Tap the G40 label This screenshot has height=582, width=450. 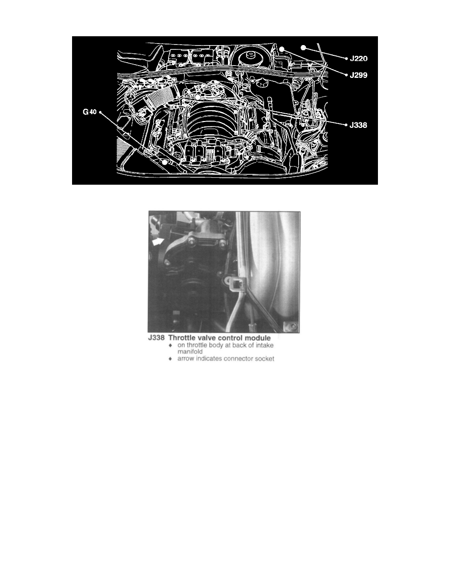[x=90, y=112]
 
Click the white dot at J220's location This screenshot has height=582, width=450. [x=303, y=48]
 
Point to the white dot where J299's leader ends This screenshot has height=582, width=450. [x=283, y=49]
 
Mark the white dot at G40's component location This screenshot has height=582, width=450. [x=165, y=161]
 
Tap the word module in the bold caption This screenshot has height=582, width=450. [x=255, y=338]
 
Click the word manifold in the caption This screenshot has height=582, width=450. [x=190, y=352]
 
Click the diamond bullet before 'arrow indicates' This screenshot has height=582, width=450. [x=170, y=359]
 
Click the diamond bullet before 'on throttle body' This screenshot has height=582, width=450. [x=170, y=345]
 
